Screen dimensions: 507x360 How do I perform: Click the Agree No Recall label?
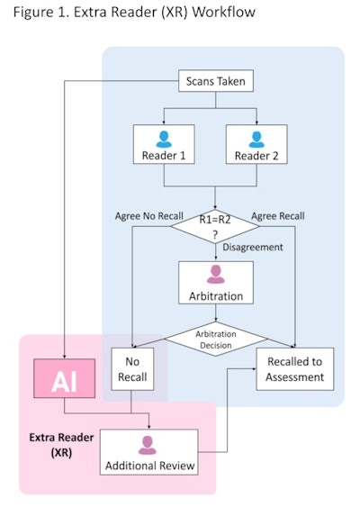point(148,216)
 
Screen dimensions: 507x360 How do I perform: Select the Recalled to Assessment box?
point(294,369)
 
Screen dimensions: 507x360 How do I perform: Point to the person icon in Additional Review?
point(148,441)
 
